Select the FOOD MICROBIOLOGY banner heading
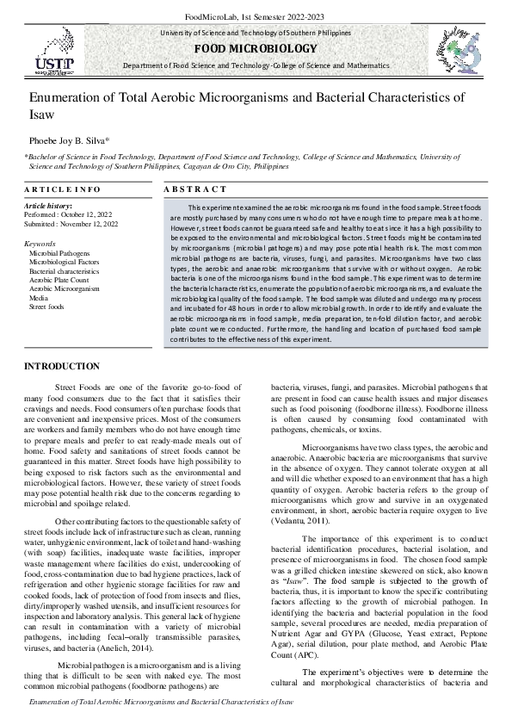(256, 48)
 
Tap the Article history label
(48, 207)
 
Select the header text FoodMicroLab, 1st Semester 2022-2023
(256, 16)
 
